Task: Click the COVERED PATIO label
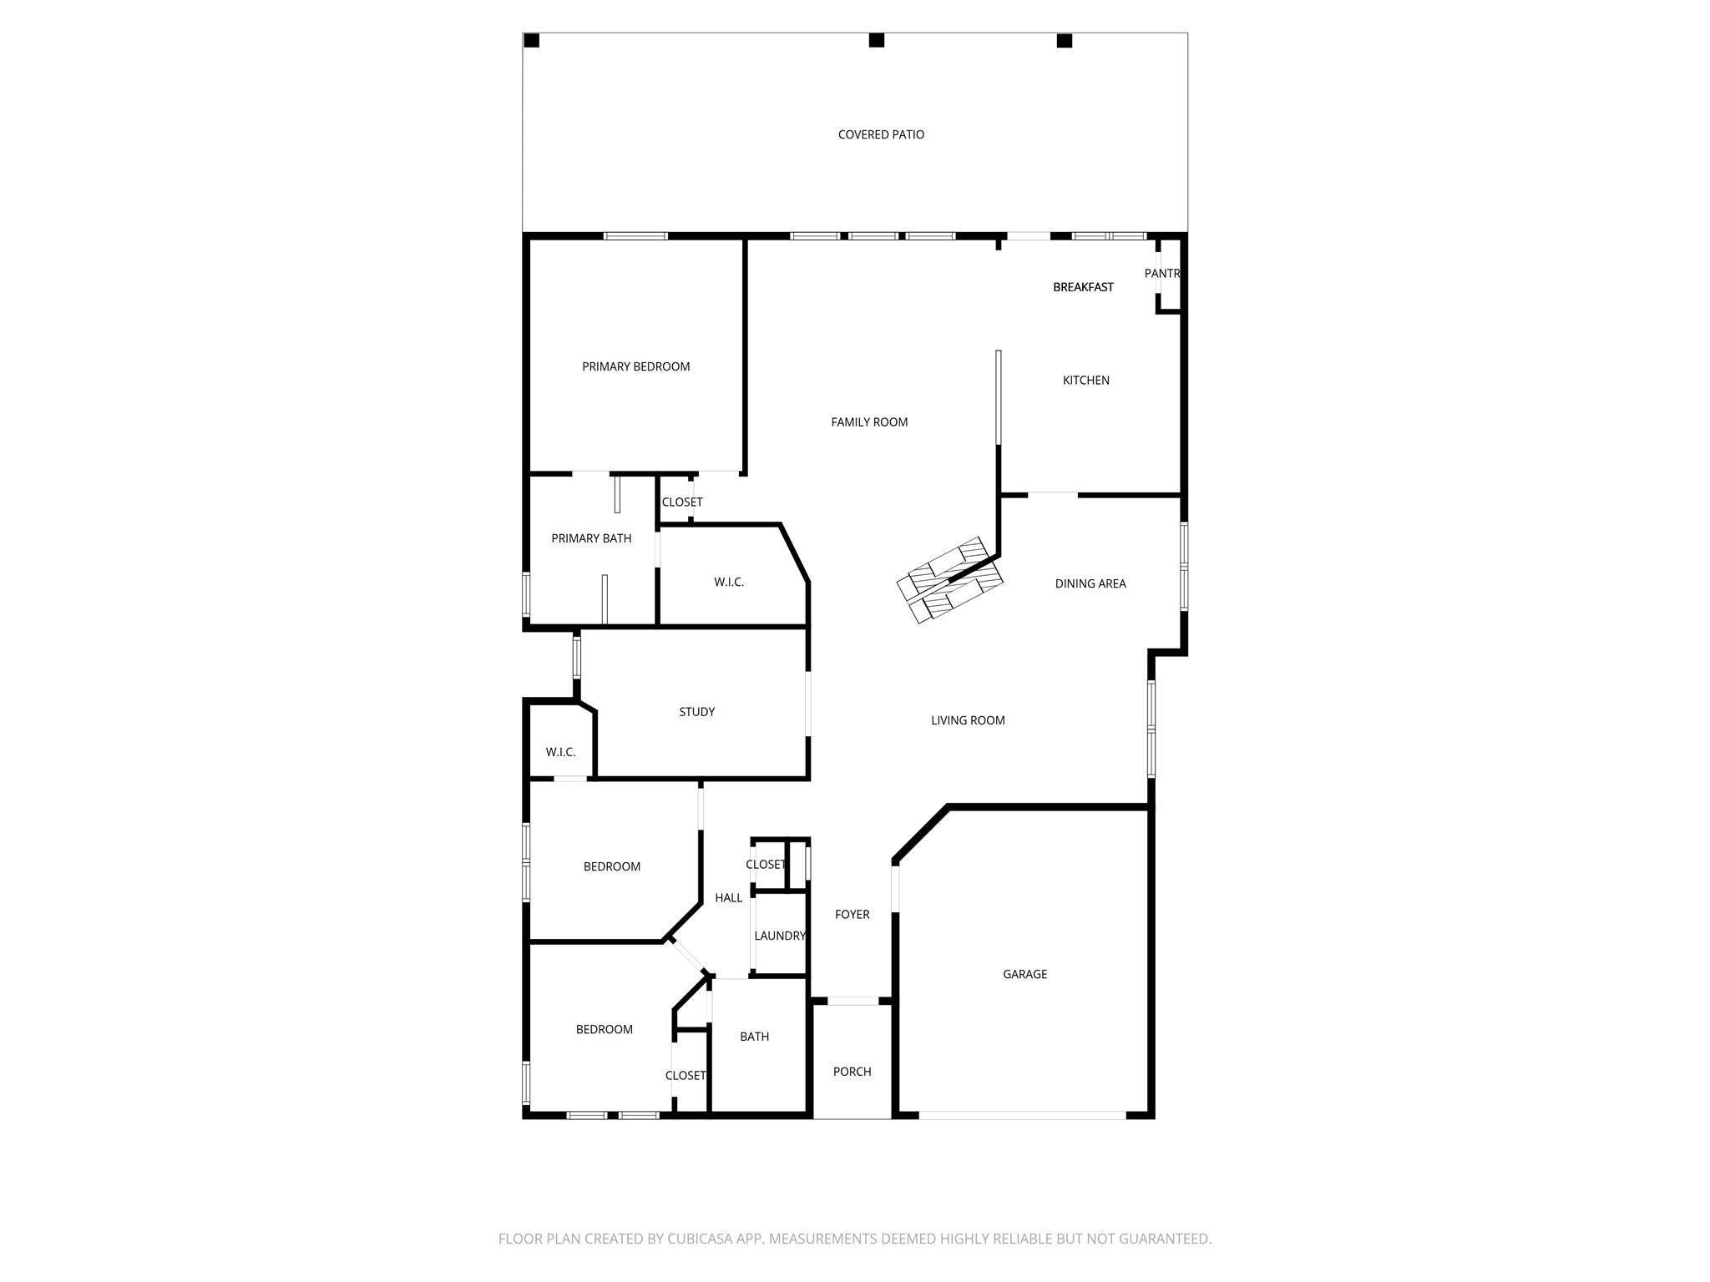click(881, 134)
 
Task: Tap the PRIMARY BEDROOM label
click(635, 366)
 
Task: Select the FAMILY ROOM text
click(869, 422)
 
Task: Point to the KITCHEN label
click(1085, 381)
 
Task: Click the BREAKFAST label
click(1083, 287)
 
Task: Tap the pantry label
click(1161, 274)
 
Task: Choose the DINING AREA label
click(1090, 584)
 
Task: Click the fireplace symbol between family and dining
click(949, 579)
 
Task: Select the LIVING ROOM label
click(968, 720)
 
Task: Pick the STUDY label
click(696, 712)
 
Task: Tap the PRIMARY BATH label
click(591, 538)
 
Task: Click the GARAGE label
click(1024, 974)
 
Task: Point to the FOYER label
click(852, 915)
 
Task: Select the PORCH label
click(852, 1072)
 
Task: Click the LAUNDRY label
click(780, 936)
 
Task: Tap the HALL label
click(728, 898)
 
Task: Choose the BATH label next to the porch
click(754, 1037)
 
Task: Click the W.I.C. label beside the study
click(560, 752)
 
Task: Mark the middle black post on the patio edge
click(876, 40)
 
